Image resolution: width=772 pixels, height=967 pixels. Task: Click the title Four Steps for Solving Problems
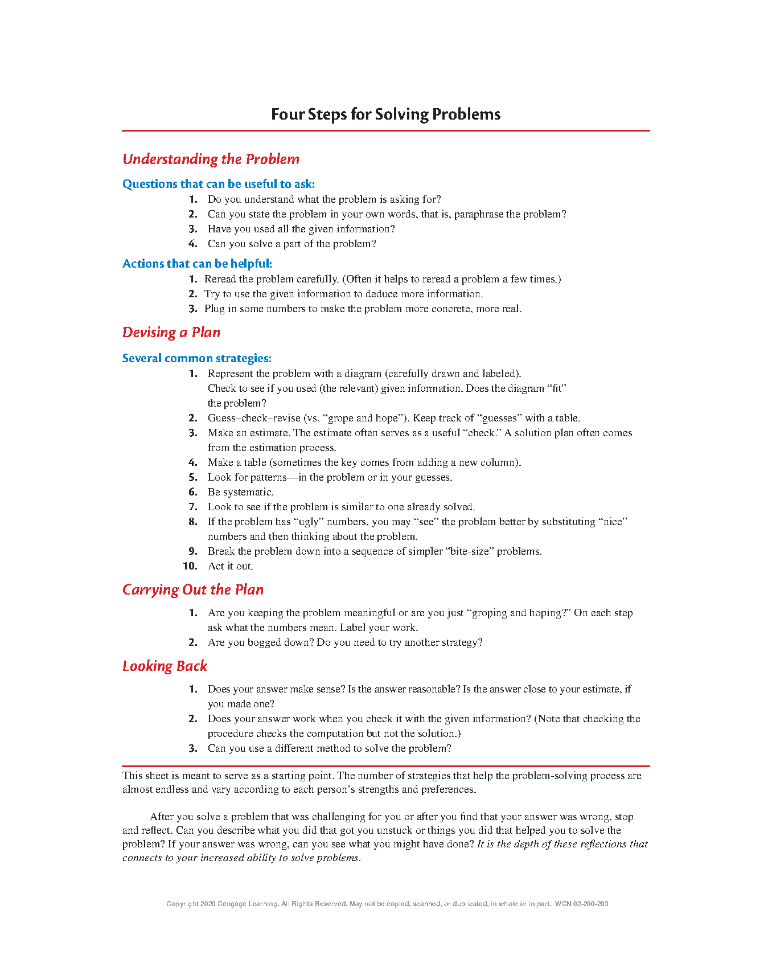coord(385,114)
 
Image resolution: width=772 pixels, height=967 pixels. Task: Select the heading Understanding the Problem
coord(211,159)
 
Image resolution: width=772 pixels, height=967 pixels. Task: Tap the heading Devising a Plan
coord(171,333)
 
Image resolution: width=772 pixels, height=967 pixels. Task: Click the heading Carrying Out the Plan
coord(193,590)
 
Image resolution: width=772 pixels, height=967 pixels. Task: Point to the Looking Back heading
coord(165,666)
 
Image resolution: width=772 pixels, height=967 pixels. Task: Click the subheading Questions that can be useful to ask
coord(218,184)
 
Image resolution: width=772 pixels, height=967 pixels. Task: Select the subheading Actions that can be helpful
coord(197,264)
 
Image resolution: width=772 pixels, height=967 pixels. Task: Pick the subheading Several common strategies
coord(196,358)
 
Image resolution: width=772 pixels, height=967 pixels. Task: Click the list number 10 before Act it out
coord(190,566)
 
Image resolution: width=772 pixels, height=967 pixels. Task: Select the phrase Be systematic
coord(240,492)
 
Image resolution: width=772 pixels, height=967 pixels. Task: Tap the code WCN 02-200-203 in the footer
coord(581,904)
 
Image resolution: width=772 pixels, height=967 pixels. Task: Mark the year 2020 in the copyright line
coord(208,904)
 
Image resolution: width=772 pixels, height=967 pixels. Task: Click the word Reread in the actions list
coord(221,279)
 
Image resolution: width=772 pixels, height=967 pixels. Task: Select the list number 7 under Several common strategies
coord(193,507)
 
